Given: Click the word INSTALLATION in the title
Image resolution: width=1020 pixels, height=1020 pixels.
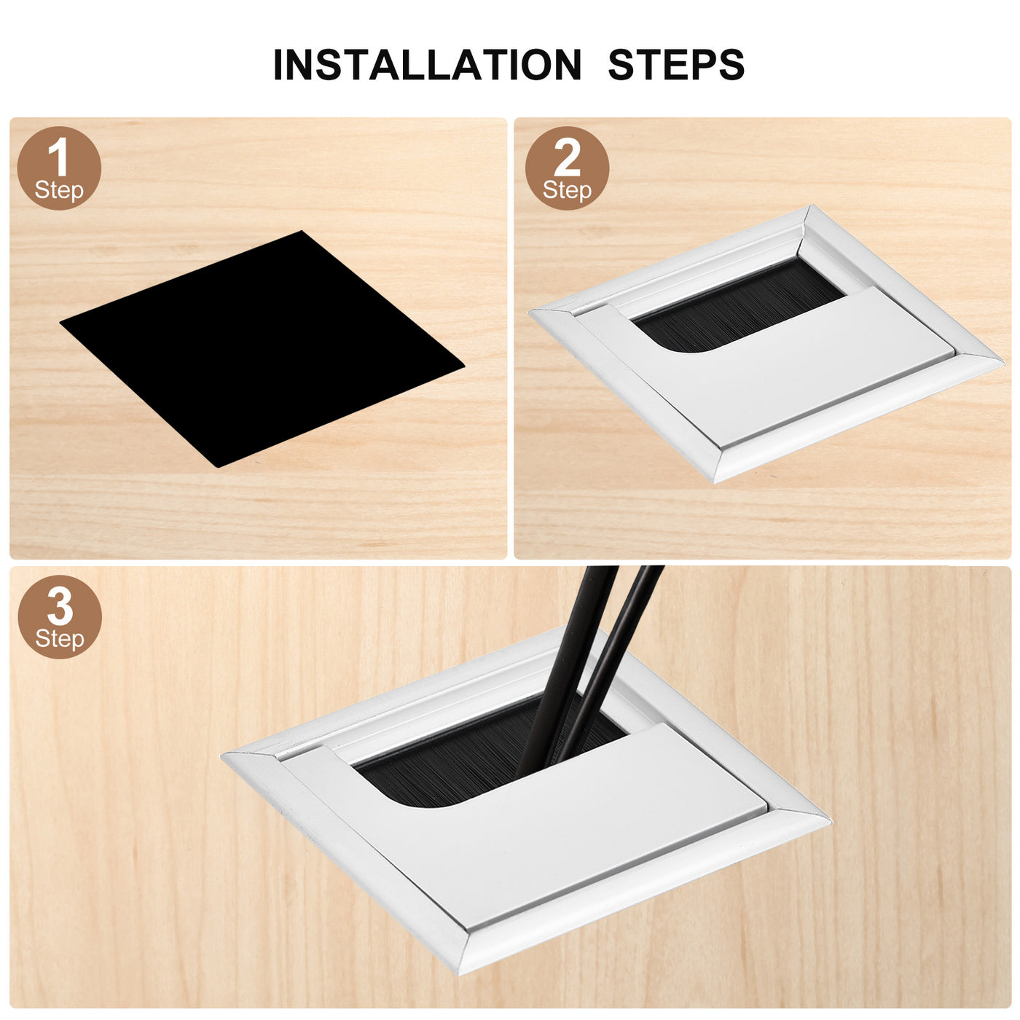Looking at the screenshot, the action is point(427,65).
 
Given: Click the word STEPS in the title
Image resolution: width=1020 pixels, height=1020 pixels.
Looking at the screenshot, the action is point(676,65).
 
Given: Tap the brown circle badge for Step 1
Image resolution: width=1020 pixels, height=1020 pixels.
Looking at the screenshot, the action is point(59,168).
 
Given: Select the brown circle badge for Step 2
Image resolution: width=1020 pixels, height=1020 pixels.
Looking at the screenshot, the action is point(567,168).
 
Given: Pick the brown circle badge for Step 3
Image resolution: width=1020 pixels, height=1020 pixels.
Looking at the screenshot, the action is point(59,616).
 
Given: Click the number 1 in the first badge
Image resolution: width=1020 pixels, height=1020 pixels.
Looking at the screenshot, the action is point(58,156).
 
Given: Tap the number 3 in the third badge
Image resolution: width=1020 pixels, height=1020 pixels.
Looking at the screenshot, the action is point(59,606).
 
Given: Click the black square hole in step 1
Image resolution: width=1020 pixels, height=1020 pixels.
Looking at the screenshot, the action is point(262,348).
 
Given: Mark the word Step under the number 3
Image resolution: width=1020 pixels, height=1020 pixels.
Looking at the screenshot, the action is point(59,639).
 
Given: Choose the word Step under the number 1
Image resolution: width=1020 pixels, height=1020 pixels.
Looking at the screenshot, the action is point(59,191).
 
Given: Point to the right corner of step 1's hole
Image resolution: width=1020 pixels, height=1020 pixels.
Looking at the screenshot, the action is point(463,365).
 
